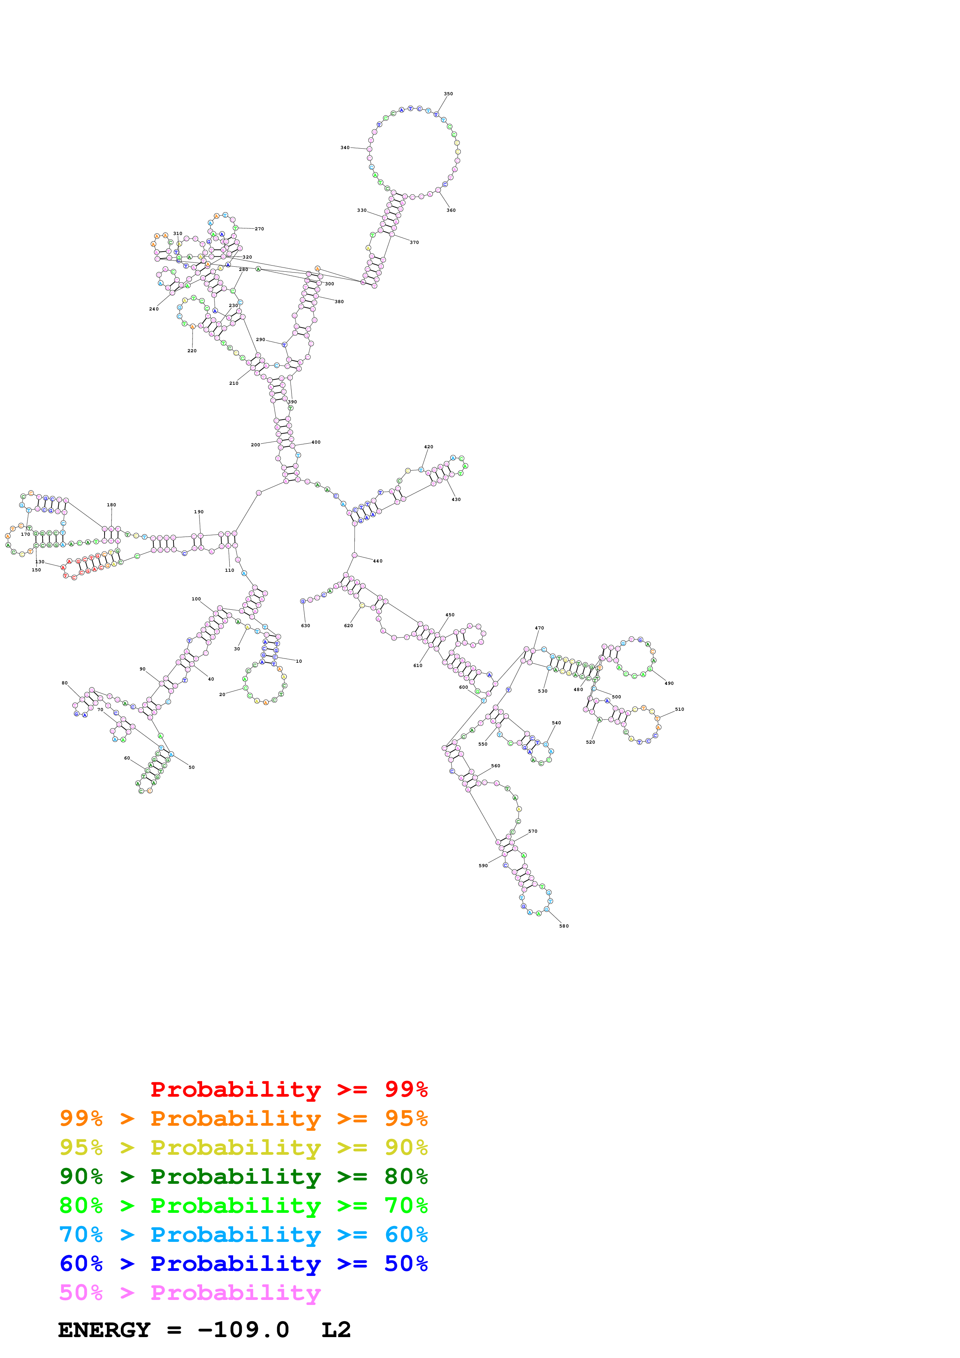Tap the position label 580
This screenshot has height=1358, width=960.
(x=564, y=926)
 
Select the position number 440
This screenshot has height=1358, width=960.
(x=377, y=561)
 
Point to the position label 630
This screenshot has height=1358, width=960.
(x=305, y=625)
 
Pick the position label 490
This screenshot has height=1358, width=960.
(x=669, y=683)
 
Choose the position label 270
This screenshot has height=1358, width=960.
(x=259, y=229)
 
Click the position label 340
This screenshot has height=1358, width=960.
(x=345, y=147)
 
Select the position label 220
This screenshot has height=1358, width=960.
(x=192, y=351)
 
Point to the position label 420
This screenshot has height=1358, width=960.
(x=428, y=447)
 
